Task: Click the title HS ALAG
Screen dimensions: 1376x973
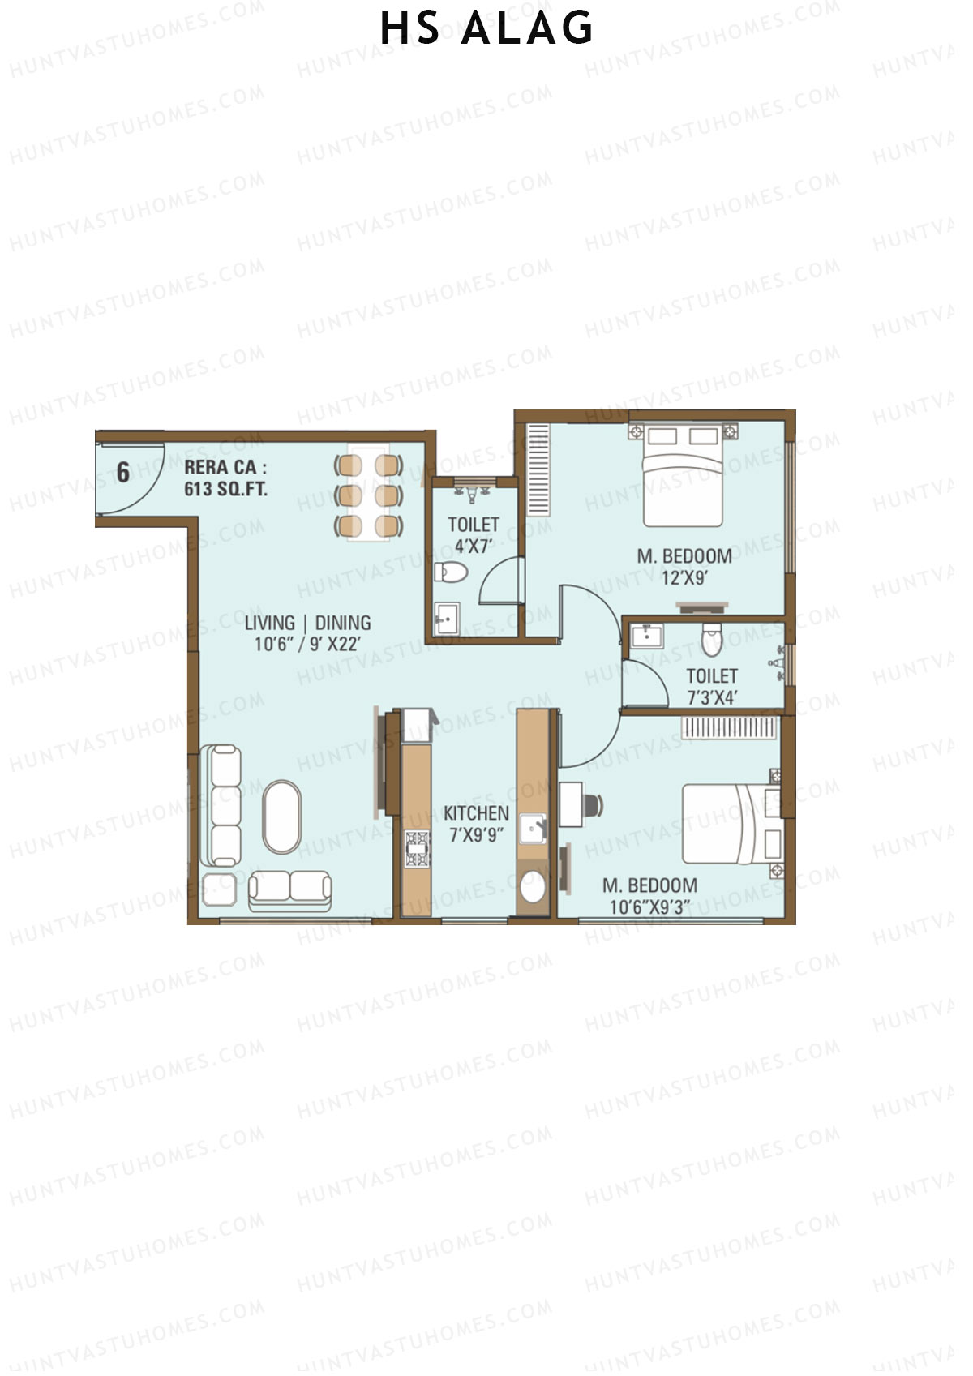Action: pos(486,29)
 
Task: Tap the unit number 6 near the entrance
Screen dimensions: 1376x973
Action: pos(123,472)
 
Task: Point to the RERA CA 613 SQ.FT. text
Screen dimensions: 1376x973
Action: pos(225,478)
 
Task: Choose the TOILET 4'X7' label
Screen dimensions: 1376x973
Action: pos(474,535)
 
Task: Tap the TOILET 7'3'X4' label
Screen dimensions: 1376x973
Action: pos(712,686)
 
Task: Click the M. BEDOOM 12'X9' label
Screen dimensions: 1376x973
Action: pos(684,566)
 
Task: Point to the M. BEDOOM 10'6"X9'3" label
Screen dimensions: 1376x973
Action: pos(649,895)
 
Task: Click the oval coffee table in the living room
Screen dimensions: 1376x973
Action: pos(281,817)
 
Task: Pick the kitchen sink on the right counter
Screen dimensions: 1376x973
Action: pos(533,828)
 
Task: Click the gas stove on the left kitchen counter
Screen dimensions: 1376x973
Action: pos(417,849)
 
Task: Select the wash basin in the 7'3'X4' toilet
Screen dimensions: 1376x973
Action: pos(646,635)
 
